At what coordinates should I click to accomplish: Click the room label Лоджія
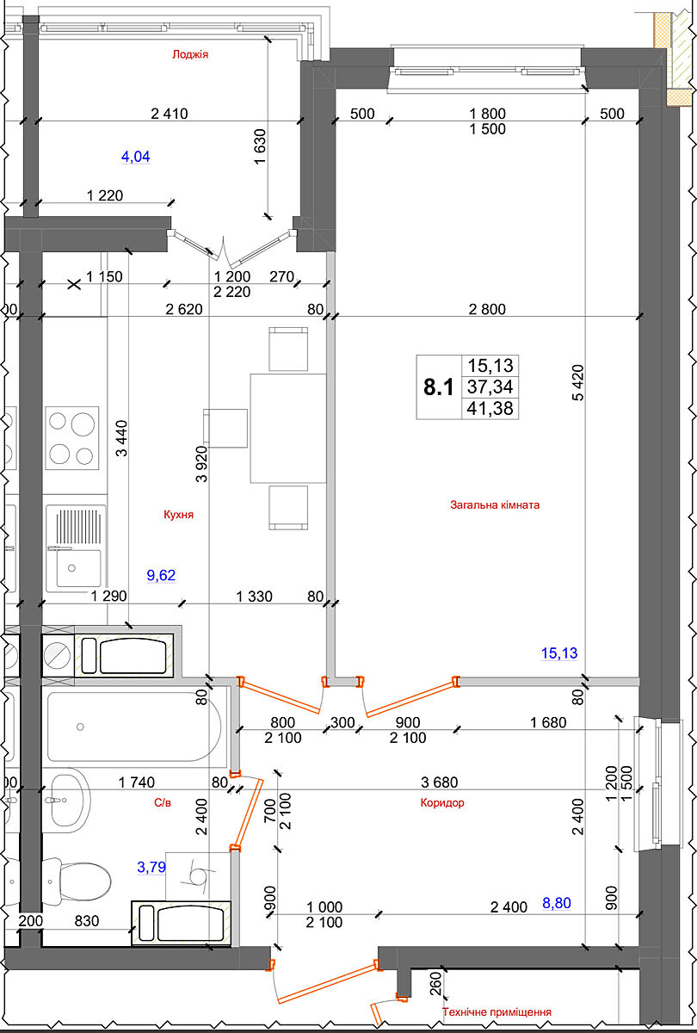190,54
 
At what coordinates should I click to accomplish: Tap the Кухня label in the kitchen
178,514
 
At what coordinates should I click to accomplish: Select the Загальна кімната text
495,504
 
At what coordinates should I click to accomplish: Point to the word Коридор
442,802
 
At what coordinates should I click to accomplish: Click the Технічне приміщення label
497,1011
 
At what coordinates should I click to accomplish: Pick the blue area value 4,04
136,157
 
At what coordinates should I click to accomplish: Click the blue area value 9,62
161,575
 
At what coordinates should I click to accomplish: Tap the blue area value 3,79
151,867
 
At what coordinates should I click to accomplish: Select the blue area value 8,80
557,903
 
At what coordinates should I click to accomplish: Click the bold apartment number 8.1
438,387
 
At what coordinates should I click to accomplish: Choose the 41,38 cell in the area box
490,408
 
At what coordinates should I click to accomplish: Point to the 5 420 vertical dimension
577,383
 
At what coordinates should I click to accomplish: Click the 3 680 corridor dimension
440,782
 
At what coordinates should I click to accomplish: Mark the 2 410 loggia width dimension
170,114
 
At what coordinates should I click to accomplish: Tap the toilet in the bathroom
77,881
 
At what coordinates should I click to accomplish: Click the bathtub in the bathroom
134,727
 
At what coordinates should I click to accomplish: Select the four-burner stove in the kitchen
72,437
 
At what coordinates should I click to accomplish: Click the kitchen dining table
288,429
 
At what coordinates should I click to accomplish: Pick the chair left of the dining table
225,428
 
